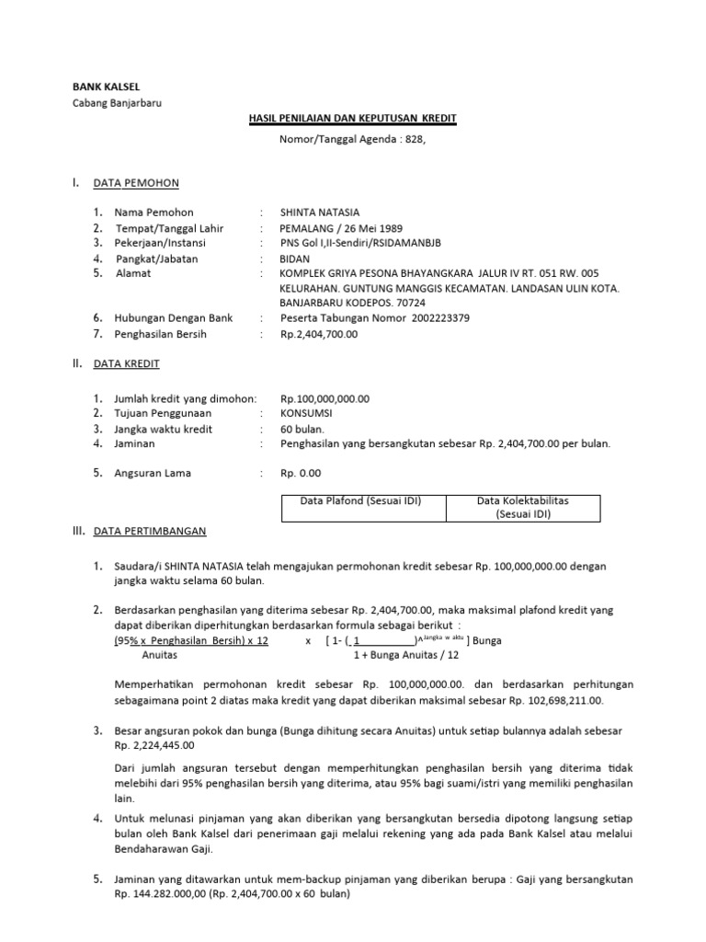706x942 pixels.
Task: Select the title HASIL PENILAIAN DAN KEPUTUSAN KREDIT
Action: tap(353, 120)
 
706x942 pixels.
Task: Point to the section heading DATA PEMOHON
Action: tap(136, 183)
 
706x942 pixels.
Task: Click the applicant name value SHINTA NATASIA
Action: tap(321, 213)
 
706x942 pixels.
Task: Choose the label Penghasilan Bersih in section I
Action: tap(160, 334)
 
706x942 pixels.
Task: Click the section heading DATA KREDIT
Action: tap(127, 364)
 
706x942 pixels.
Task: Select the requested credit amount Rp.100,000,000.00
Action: tap(325, 399)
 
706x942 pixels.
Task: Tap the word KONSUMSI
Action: tap(307, 414)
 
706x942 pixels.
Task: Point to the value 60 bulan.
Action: tap(301, 429)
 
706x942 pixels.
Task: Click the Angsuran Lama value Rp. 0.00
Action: tap(302, 474)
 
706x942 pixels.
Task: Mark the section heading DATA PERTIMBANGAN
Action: tap(150, 531)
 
